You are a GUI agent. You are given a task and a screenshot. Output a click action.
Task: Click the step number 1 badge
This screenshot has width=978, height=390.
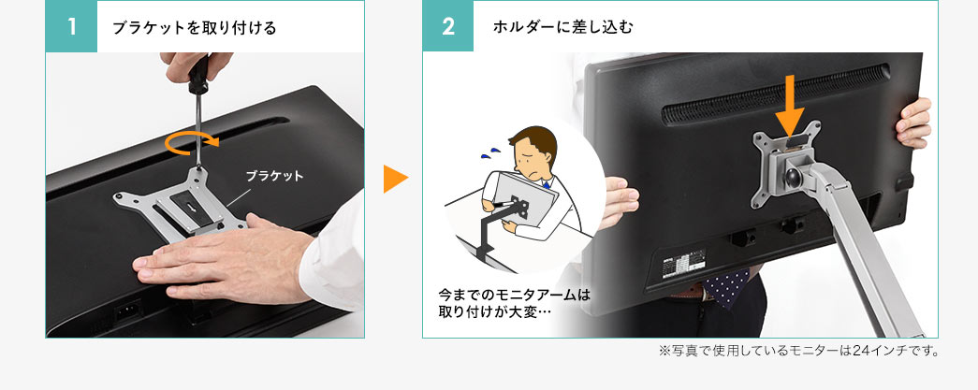point(71,27)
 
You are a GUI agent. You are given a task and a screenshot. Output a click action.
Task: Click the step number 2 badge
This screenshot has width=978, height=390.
point(448,27)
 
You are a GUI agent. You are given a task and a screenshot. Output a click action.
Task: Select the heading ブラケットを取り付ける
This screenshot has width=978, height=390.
point(194,28)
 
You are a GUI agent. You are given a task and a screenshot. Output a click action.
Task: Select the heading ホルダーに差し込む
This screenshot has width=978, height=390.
point(562,28)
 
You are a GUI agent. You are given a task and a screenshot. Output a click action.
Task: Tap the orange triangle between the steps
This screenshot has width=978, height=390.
point(394,179)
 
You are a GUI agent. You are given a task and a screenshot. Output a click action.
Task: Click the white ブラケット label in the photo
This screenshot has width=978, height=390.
point(274,176)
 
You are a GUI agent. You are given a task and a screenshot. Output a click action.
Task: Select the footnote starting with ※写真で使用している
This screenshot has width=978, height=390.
point(798,352)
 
